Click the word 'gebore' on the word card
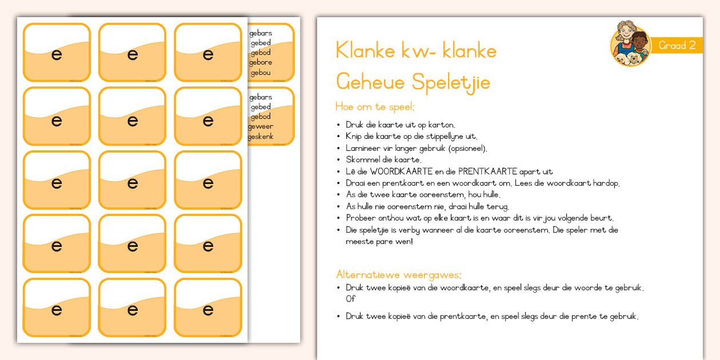pyautogui.click(x=261, y=63)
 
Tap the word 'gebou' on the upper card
pyautogui.click(x=260, y=73)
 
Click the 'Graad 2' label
pyautogui.click(x=677, y=46)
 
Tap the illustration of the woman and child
pyautogui.click(x=630, y=45)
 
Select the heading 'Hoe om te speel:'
pyautogui.click(x=375, y=107)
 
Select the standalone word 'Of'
pyautogui.click(x=350, y=299)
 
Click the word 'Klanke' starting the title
pyautogui.click(x=365, y=51)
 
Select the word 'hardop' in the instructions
pyautogui.click(x=606, y=183)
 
